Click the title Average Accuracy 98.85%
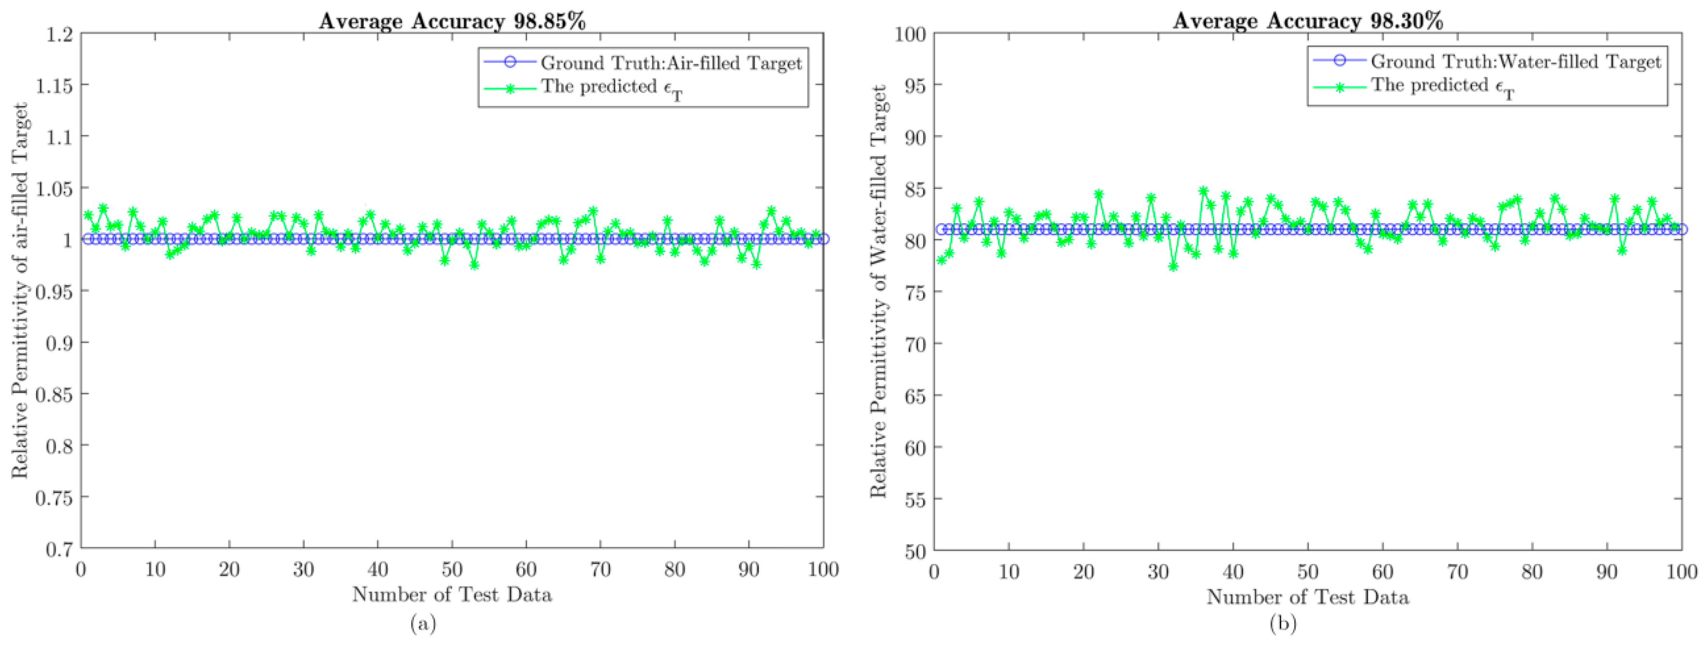pos(452,21)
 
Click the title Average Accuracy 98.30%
pos(1307,21)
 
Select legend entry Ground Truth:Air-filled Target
pos(670,63)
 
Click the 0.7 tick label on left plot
pos(60,549)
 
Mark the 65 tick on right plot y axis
pos(914,396)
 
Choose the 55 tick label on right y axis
pos(914,499)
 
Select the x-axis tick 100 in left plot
pos(822,569)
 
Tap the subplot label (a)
pos(424,623)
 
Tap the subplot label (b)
pos(1283,623)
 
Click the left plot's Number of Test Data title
pos(452,594)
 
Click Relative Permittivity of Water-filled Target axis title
pos(878,291)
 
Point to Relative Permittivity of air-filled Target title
pos(20,291)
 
